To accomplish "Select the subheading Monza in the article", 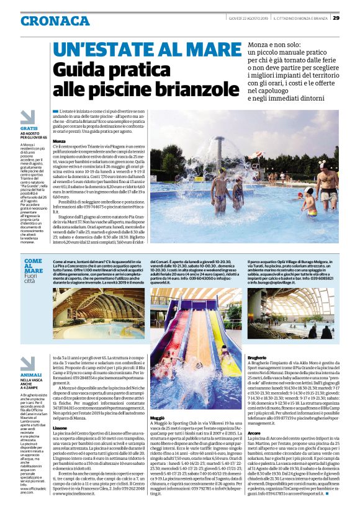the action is point(61,141).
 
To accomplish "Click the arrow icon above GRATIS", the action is point(27,117).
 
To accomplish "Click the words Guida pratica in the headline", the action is point(103,70).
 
